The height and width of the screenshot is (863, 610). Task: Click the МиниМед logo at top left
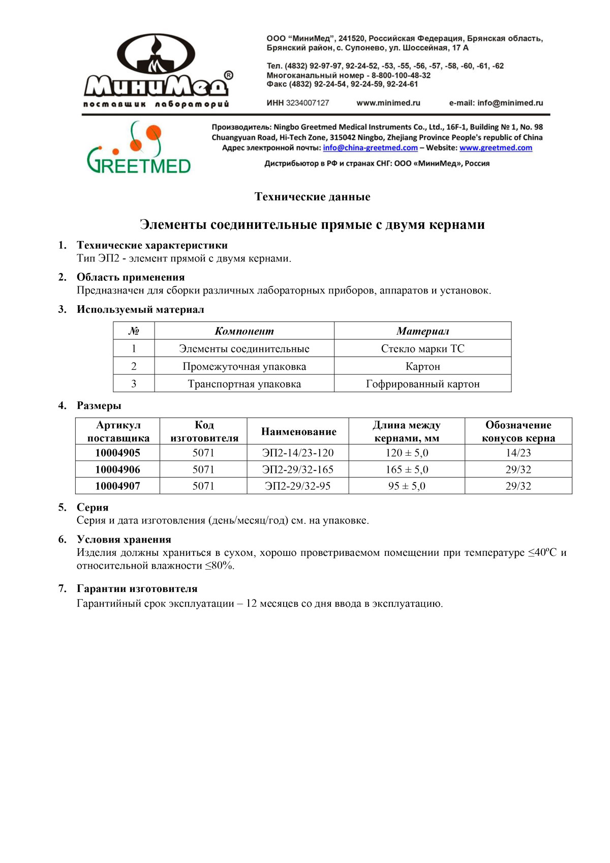pyautogui.click(x=158, y=71)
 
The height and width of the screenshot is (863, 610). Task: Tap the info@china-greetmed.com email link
pyautogui.click(x=370, y=148)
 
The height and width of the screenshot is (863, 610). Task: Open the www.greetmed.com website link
pyautogui.click(x=496, y=148)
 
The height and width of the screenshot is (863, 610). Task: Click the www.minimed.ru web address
pyautogui.click(x=388, y=103)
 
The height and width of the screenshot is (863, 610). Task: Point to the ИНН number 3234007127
pyautogui.click(x=307, y=103)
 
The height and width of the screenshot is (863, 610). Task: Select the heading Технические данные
pyautogui.click(x=312, y=197)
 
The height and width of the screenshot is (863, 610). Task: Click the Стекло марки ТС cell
pyautogui.click(x=422, y=349)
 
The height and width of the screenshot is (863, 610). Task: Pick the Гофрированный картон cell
pyautogui.click(x=422, y=384)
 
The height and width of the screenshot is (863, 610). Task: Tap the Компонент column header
pyautogui.click(x=244, y=331)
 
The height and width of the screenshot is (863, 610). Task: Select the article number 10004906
pyautogui.click(x=117, y=469)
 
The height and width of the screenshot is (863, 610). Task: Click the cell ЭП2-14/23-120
pyautogui.click(x=298, y=453)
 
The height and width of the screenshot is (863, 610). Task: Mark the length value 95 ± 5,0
pyautogui.click(x=407, y=486)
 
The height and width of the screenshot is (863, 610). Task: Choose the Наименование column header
pyautogui.click(x=298, y=432)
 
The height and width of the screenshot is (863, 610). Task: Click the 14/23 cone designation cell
pyautogui.click(x=518, y=453)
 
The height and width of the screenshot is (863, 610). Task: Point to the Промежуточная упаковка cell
pyautogui.click(x=244, y=367)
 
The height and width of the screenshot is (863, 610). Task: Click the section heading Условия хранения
pyautogui.click(x=124, y=540)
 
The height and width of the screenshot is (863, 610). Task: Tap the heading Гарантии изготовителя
pyautogui.click(x=137, y=589)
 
